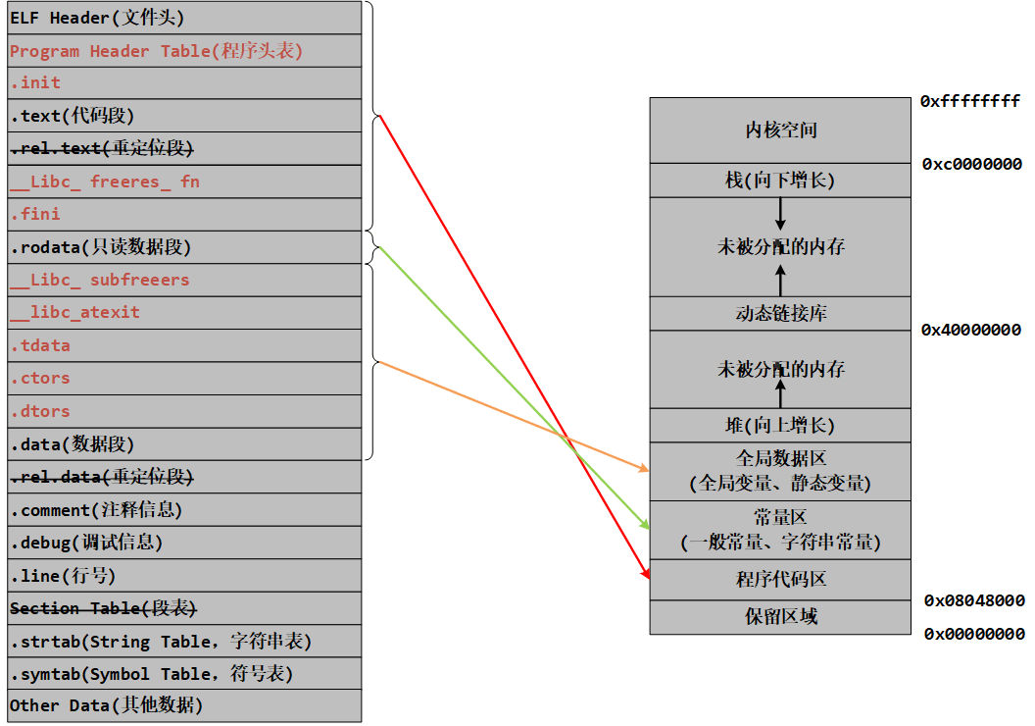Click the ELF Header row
pyautogui.click(x=185, y=18)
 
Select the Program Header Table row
pyautogui.click(x=185, y=51)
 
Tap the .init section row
pyautogui.click(x=185, y=83)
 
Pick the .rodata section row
pyautogui.click(x=185, y=247)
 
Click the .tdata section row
pyautogui.click(x=185, y=345)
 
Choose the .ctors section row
pyautogui.click(x=185, y=379)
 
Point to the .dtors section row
pyautogui.click(x=185, y=411)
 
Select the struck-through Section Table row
pyautogui.click(x=185, y=608)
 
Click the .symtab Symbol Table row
pyautogui.click(x=185, y=674)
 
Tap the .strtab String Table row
pyautogui.click(x=185, y=641)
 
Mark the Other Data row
pyautogui.click(x=185, y=706)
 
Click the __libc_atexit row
pyautogui.click(x=185, y=312)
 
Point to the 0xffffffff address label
pyautogui.click(x=970, y=101)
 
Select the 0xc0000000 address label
pyautogui.click(x=971, y=164)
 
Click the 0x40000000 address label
pyautogui.click(x=971, y=330)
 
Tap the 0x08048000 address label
pyautogui.click(x=974, y=600)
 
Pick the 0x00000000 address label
pyautogui.click(x=974, y=634)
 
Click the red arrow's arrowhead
pyautogui.click(x=646, y=573)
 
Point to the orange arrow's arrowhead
pyautogui.click(x=644, y=468)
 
